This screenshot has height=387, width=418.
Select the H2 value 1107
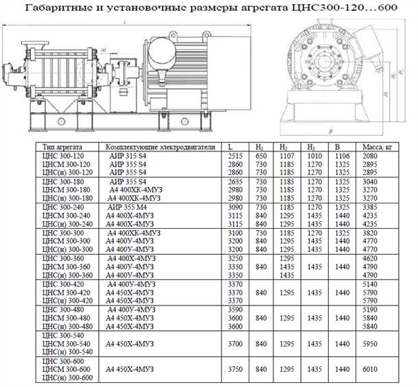pos(286,157)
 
